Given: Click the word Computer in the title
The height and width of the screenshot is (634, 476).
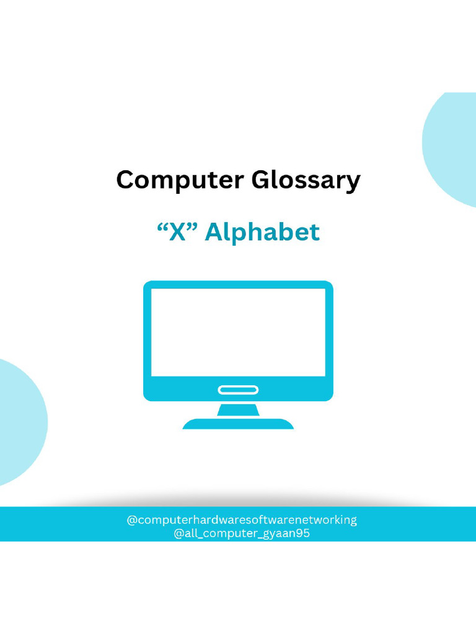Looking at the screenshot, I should pos(180,180).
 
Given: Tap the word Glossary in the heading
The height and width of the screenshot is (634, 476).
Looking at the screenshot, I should pos(306,181).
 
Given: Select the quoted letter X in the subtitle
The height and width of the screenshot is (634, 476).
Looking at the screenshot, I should pos(178,232).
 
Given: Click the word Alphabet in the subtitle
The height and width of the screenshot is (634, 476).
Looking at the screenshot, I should pos(262,232).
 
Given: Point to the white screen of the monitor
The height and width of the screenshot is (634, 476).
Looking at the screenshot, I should pos(238,332).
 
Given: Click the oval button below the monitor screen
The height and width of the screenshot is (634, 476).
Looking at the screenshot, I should pos(238,389).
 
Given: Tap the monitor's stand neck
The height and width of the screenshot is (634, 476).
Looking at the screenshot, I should pos(238,410).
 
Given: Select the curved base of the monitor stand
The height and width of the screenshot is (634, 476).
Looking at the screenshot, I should pos(238,424).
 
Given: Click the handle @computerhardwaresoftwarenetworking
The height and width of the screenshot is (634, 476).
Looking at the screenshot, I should pos(242,519).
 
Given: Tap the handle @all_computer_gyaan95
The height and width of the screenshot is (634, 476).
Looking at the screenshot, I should pos(242,534).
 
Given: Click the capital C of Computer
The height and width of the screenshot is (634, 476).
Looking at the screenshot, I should pos(125,180).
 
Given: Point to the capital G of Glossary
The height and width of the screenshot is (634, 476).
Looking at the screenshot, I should pos(261,180).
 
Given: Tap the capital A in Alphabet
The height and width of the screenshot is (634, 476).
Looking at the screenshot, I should pos(214,232).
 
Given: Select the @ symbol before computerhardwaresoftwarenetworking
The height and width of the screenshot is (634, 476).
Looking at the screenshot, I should pos(131,520).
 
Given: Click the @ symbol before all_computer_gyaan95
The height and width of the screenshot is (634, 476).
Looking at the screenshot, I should pos(178,534).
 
